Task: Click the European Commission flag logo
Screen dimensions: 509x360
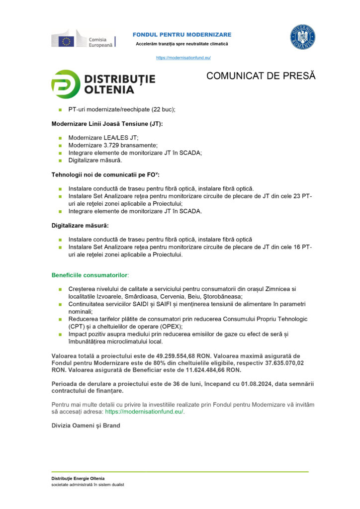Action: tap(67, 40)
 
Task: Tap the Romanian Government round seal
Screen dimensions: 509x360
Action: tap(302, 37)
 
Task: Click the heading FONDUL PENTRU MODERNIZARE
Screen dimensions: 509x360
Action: tap(181, 34)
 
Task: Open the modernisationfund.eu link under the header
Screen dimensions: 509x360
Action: tap(183, 58)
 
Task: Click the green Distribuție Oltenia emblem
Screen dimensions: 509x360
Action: tap(66, 84)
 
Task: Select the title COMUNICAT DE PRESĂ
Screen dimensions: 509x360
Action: tap(261, 76)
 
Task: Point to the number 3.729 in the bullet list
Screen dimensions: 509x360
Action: tap(112, 145)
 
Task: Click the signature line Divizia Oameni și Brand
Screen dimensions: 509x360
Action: tap(86, 425)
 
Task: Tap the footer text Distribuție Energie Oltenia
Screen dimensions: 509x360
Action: tap(78, 478)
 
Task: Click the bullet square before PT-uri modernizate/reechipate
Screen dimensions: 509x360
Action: tap(59, 109)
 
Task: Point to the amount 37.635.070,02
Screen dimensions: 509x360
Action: tap(278, 363)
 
